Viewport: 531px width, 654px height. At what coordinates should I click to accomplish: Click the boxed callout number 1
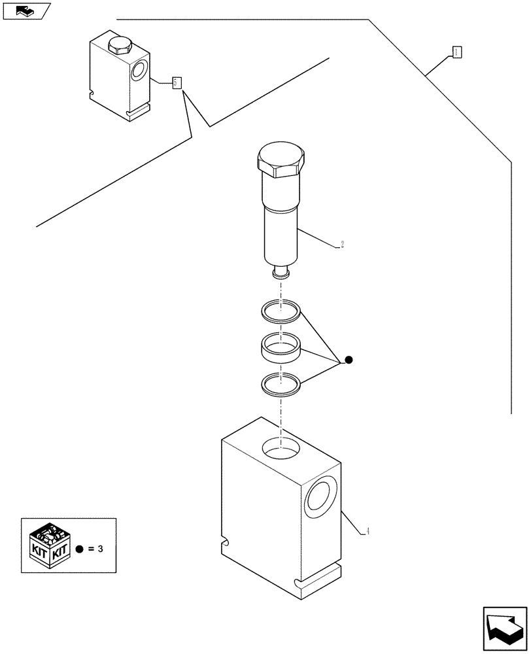457,52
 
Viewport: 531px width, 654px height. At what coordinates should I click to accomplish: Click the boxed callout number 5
176,83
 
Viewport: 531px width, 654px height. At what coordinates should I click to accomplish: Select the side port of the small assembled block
139,71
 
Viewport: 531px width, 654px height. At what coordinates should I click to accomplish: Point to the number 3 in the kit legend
100,549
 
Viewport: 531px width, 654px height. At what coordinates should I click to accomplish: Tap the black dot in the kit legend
79,549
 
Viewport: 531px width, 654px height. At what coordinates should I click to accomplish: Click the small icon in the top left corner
26,10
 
